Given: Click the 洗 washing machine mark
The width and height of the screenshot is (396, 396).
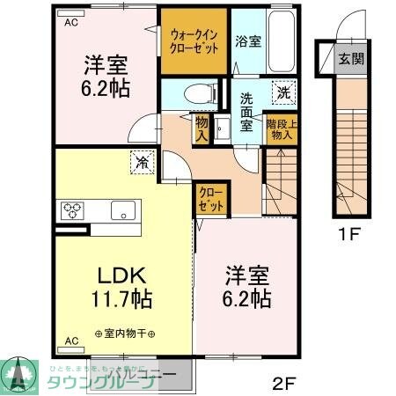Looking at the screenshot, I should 284,92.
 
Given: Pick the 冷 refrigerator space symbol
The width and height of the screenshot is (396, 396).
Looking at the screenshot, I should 143,160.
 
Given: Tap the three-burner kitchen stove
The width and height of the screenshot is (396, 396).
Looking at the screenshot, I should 71,210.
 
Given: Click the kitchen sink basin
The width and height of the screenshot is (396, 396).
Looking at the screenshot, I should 122,210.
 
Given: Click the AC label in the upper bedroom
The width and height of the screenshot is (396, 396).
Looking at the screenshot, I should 70,24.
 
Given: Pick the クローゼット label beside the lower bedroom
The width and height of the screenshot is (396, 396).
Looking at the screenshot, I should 209,197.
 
